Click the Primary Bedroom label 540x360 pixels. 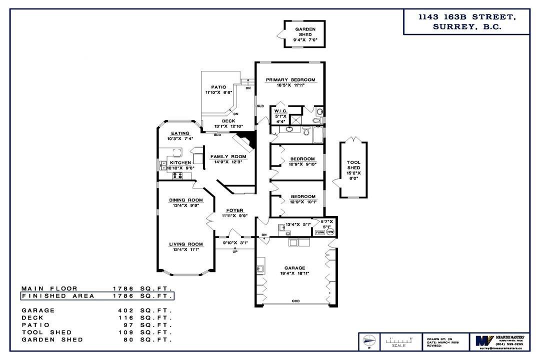pyautogui.click(x=290, y=80)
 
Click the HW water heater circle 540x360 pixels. pyautogui.click(x=330, y=232)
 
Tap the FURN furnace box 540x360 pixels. pyautogui.click(x=319, y=232)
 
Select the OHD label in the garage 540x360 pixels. pyautogui.click(x=296, y=301)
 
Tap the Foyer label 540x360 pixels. pyautogui.click(x=234, y=210)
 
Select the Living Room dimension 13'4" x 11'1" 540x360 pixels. pyautogui.click(x=185, y=250)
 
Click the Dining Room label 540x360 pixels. pyautogui.click(x=185, y=200)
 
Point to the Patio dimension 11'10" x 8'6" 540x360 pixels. pyautogui.click(x=218, y=92)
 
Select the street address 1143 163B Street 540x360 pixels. pyautogui.click(x=467, y=17)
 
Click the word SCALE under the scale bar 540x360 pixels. pyautogui.click(x=398, y=345)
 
